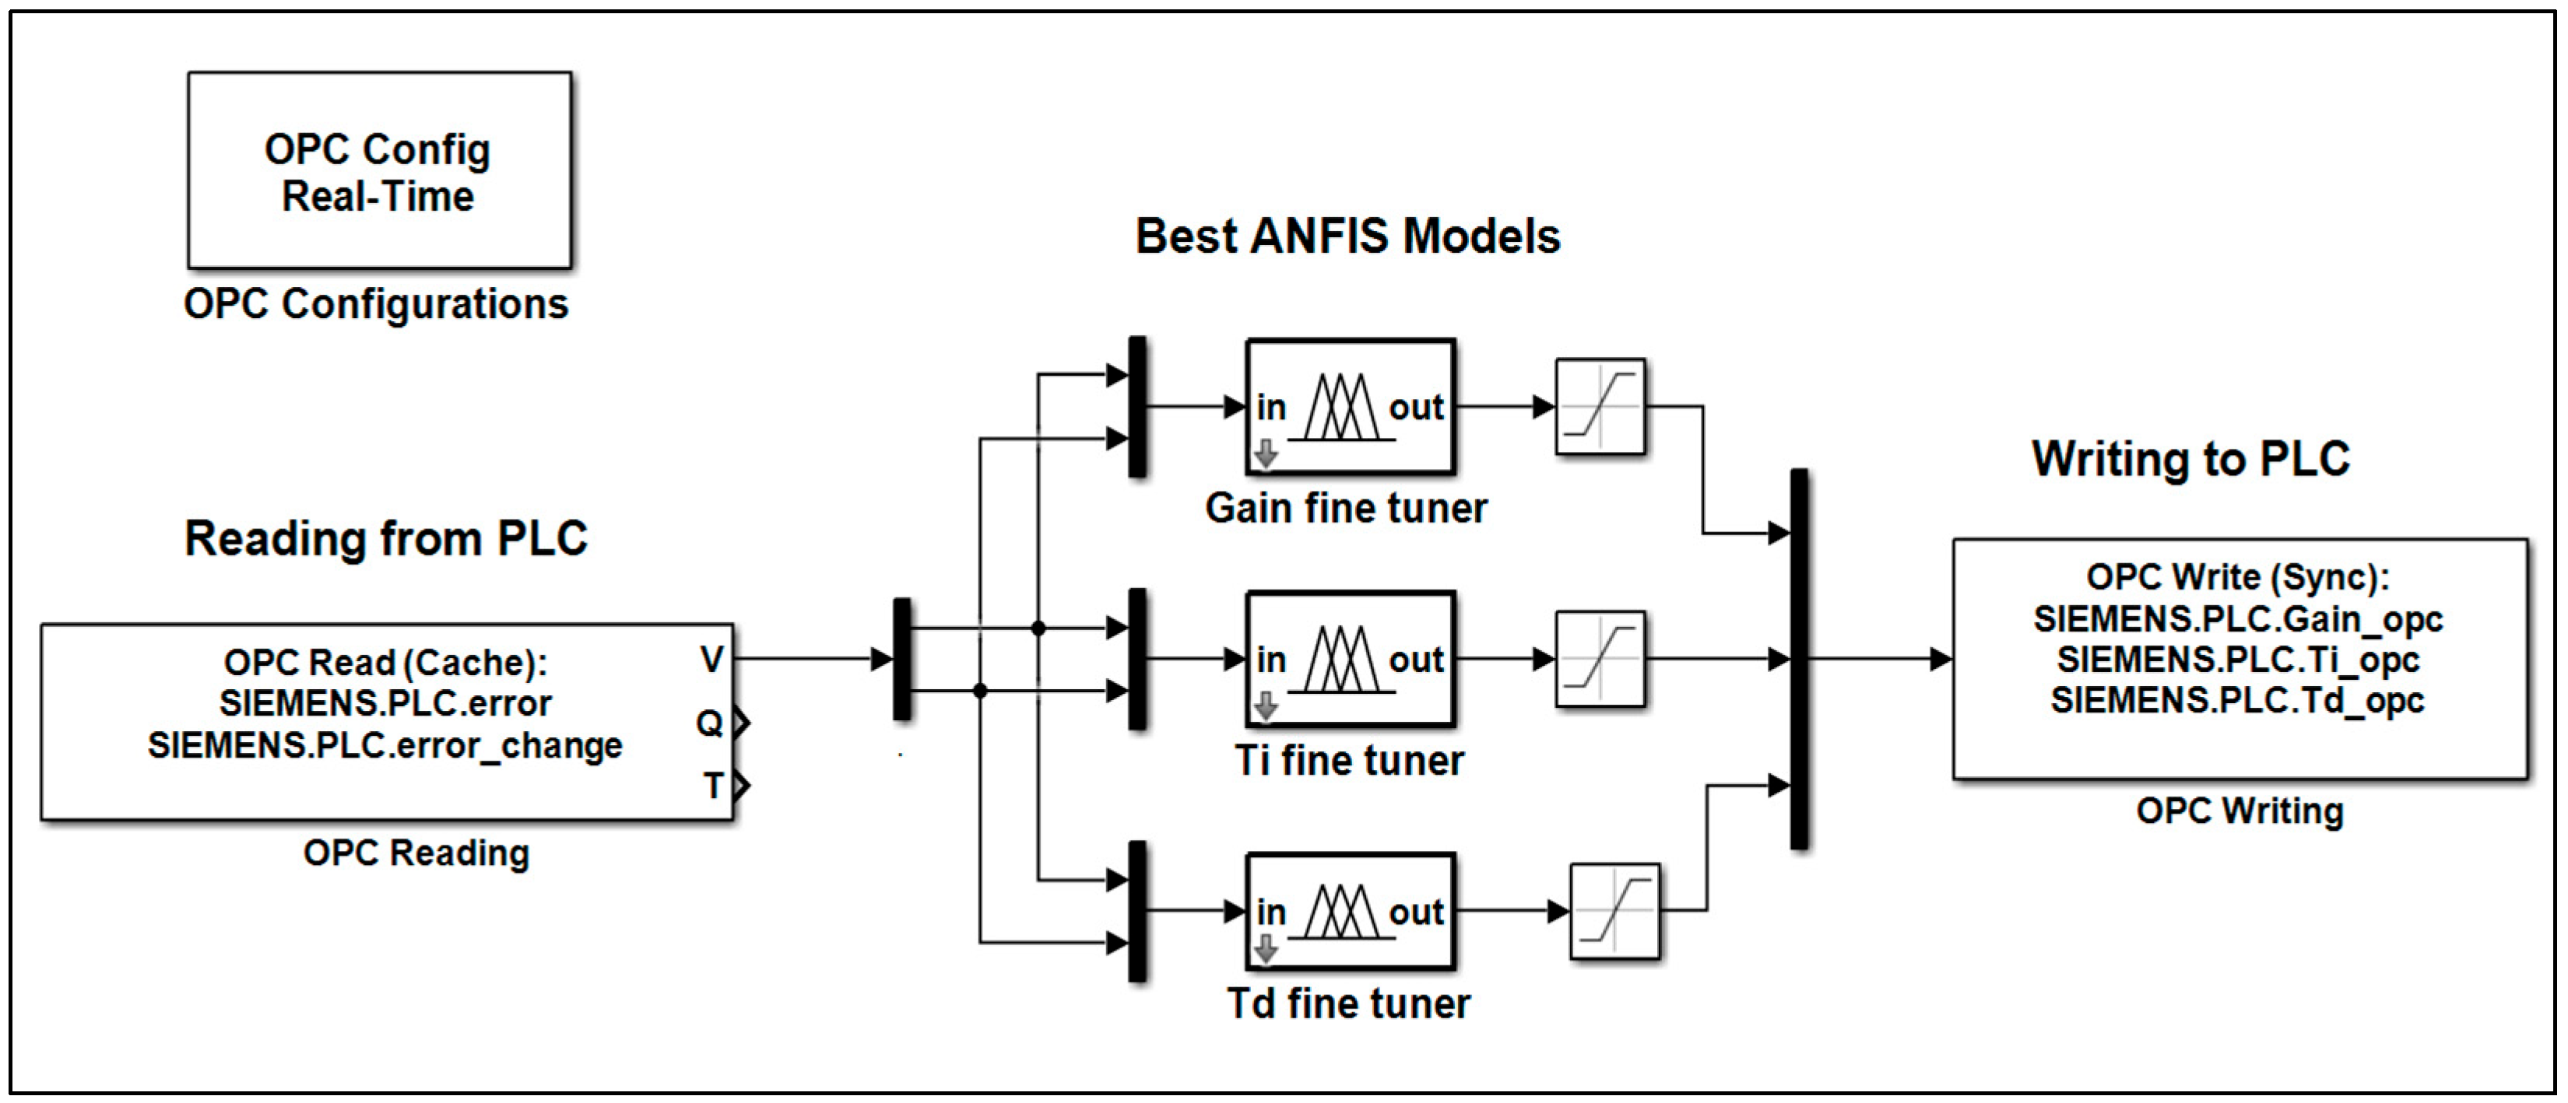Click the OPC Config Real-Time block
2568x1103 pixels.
click(x=379, y=170)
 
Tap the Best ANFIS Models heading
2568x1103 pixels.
click(x=1347, y=237)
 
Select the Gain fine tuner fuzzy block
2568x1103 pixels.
click(x=1350, y=408)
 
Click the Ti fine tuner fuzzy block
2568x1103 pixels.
click(x=1350, y=660)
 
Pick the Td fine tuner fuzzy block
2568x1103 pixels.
click(x=1350, y=912)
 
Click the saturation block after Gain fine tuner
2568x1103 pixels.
click(x=1599, y=408)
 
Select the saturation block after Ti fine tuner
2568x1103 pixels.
click(x=1599, y=660)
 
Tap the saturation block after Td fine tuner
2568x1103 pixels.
click(x=1614, y=912)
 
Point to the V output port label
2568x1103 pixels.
click(x=711, y=660)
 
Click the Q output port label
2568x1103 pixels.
click(x=709, y=723)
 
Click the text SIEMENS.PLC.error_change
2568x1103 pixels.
click(x=385, y=746)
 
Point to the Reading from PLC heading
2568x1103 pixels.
click(x=386, y=539)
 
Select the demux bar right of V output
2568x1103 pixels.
click(x=901, y=660)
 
